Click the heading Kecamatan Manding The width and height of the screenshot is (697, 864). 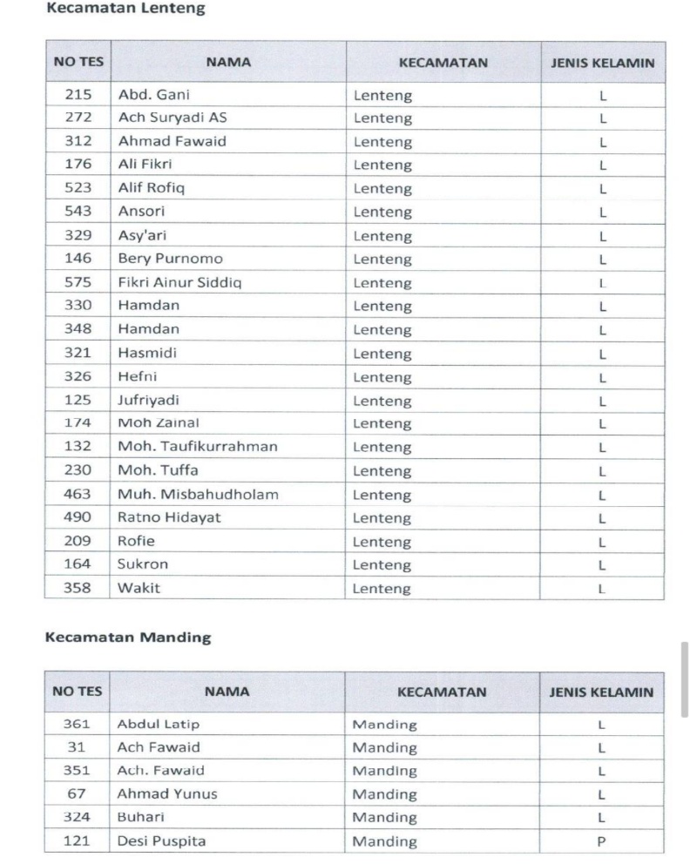point(127,637)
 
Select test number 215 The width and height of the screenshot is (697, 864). point(78,95)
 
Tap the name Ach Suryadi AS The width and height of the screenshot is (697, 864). point(172,118)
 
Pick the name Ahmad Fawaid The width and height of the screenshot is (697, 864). point(172,142)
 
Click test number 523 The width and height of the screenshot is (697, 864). point(78,188)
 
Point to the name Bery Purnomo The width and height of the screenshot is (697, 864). point(170,259)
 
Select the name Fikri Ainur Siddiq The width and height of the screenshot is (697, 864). point(180,282)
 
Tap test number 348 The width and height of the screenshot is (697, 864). point(78,329)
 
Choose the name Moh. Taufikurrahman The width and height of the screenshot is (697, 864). point(198,447)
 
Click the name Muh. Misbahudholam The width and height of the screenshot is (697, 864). point(198,494)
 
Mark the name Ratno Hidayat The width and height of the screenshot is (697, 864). point(169,517)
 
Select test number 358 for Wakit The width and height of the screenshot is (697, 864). point(78,588)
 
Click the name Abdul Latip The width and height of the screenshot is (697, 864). point(159,724)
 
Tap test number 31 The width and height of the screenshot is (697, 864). point(77,747)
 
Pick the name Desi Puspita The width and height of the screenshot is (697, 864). point(161,841)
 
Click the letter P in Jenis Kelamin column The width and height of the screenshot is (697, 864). point(601,841)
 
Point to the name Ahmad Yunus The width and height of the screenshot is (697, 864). point(167,794)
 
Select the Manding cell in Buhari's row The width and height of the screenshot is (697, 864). point(384,818)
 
